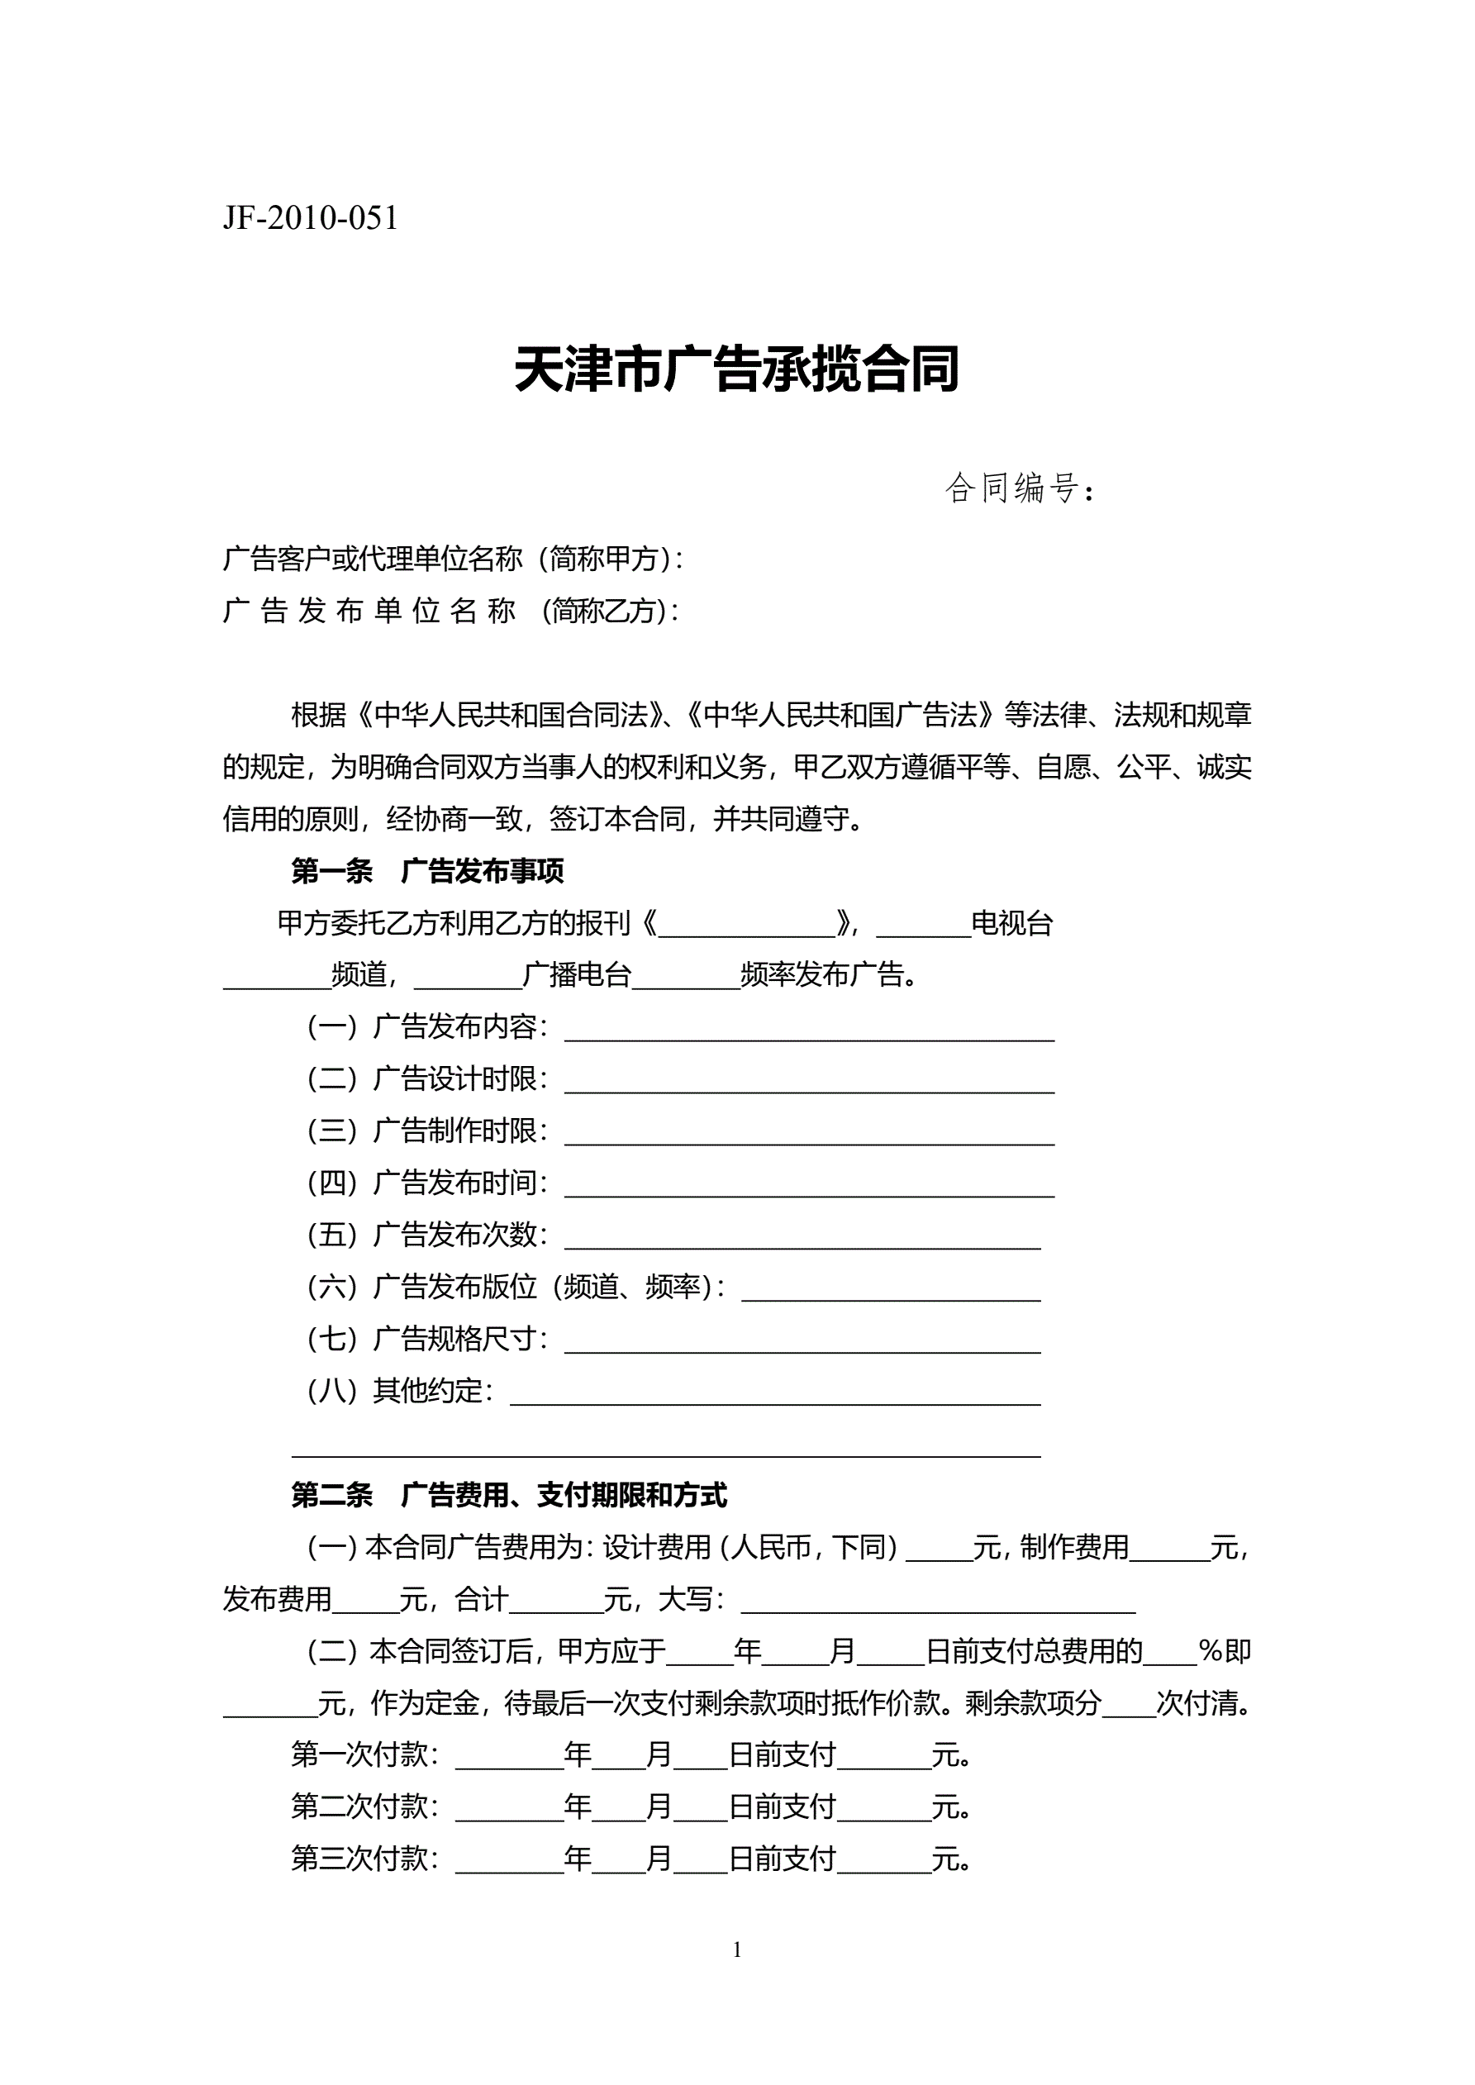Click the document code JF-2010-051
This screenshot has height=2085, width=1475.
pos(310,219)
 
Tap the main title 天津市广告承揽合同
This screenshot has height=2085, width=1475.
pos(736,369)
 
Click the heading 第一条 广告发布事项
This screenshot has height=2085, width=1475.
pos(427,872)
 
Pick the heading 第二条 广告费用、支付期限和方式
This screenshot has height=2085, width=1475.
pos(509,1496)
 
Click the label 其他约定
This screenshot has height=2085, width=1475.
pos(432,1391)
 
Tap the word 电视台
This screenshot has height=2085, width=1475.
pos(1011,925)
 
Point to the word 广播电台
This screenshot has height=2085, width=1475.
pos(577,975)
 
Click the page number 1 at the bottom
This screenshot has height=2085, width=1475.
pos(736,1949)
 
